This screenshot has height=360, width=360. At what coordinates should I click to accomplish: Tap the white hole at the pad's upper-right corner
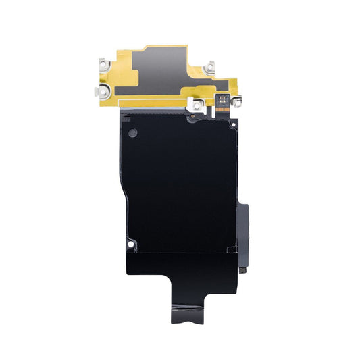point(232,124)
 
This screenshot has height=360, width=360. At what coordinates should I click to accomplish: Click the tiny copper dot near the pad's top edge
point(192,117)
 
